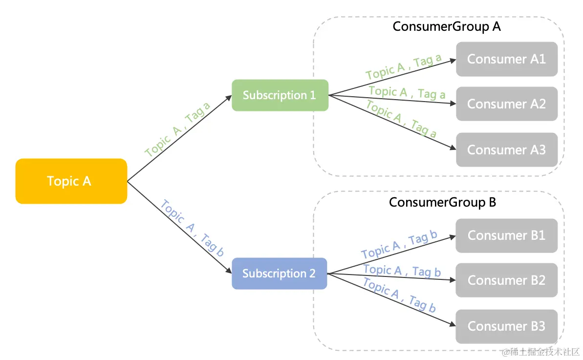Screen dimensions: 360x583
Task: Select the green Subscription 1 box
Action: pos(280,95)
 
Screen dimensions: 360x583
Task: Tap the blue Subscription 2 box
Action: pos(279,274)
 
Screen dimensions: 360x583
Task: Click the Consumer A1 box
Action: pos(507,59)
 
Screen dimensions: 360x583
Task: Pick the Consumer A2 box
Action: pos(507,104)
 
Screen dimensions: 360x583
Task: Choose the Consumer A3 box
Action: pos(507,150)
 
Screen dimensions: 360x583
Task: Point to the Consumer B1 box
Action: pos(507,235)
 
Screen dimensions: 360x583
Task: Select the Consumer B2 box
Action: pos(507,280)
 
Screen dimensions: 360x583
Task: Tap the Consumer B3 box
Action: pos(507,326)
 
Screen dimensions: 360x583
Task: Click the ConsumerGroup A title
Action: pos(447,26)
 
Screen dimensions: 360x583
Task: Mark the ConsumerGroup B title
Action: pos(443,202)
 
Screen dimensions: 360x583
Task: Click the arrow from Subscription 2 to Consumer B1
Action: pos(391,254)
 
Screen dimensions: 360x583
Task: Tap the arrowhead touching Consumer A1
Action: pos(453,60)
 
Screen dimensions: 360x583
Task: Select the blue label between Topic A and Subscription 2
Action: pos(192,228)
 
